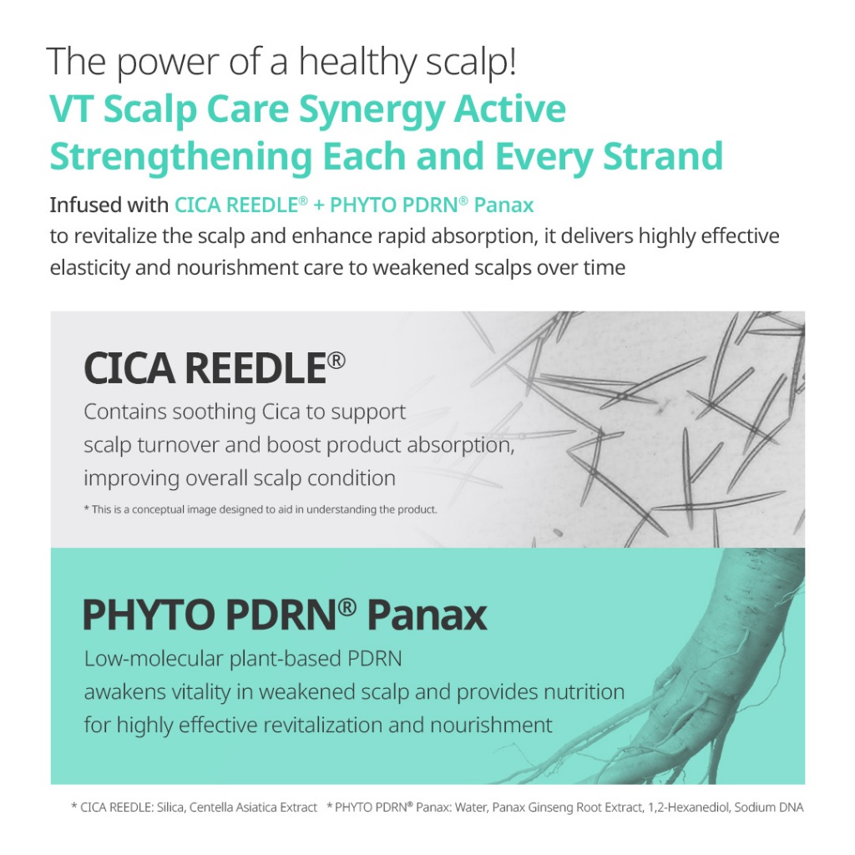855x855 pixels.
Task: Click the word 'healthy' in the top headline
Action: click(357, 62)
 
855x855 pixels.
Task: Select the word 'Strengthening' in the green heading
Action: click(181, 157)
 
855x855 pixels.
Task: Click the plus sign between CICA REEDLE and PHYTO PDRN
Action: click(319, 205)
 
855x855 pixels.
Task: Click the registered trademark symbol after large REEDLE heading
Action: click(336, 361)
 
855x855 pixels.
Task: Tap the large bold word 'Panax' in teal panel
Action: click(427, 615)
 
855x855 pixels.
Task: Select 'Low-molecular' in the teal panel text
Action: click(154, 658)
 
